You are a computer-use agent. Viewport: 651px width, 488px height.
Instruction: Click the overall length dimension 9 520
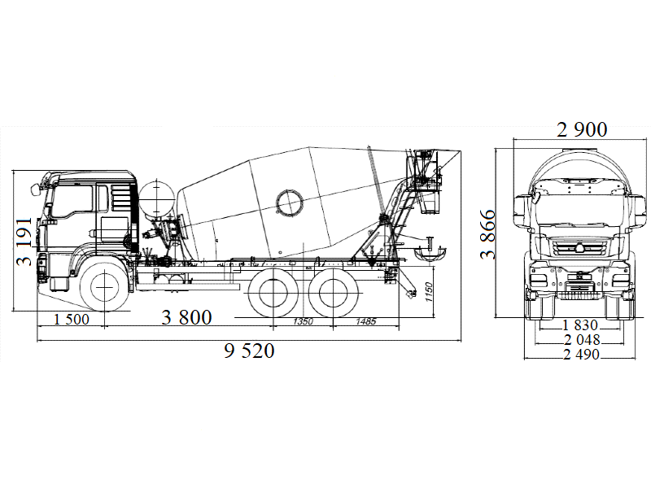click(x=250, y=351)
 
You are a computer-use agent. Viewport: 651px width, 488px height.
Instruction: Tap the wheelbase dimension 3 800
click(x=186, y=318)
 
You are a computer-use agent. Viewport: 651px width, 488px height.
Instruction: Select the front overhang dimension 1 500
click(x=72, y=319)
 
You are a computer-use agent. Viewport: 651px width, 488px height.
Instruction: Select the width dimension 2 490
click(x=580, y=354)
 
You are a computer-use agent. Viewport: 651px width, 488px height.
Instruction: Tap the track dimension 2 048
click(x=580, y=339)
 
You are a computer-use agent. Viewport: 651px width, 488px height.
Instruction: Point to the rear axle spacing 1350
click(x=302, y=322)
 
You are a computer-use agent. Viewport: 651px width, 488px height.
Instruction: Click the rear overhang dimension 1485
click(x=365, y=322)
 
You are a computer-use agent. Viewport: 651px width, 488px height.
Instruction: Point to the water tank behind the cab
click(x=155, y=199)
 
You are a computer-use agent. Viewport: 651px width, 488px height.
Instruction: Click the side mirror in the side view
click(x=37, y=189)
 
